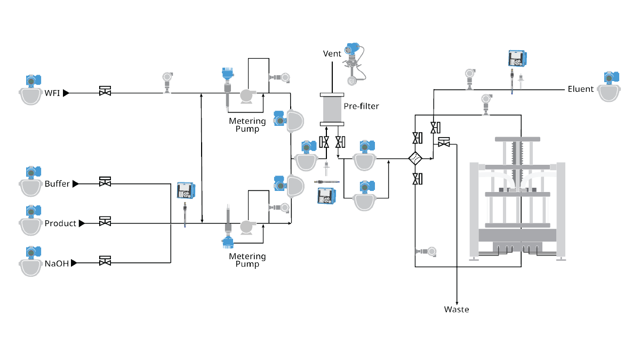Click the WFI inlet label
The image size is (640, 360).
pos(52,93)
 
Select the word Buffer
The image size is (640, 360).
pos(57,183)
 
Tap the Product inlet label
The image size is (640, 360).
pos(60,223)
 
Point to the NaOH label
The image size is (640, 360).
pos(57,263)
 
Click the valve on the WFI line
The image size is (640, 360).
pos(105,91)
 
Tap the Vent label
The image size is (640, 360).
pos(332,54)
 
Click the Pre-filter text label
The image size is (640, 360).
pos(361,106)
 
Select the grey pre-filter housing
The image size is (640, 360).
pos(332,110)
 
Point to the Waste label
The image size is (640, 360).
pos(457,309)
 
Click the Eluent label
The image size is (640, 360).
pos(580,89)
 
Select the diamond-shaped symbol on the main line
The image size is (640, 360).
pos(415,158)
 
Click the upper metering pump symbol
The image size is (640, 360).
pos(246,95)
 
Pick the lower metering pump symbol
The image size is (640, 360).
pos(246,226)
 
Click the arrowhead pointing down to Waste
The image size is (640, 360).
pos(457,301)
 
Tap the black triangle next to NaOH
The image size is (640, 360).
pos(74,262)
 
